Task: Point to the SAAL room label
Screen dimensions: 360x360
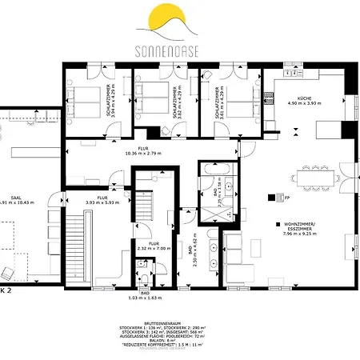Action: pos(14,200)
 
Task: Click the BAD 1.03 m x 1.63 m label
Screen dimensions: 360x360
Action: pos(144,295)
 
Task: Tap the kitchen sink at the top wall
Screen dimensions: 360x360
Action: pos(298,76)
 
